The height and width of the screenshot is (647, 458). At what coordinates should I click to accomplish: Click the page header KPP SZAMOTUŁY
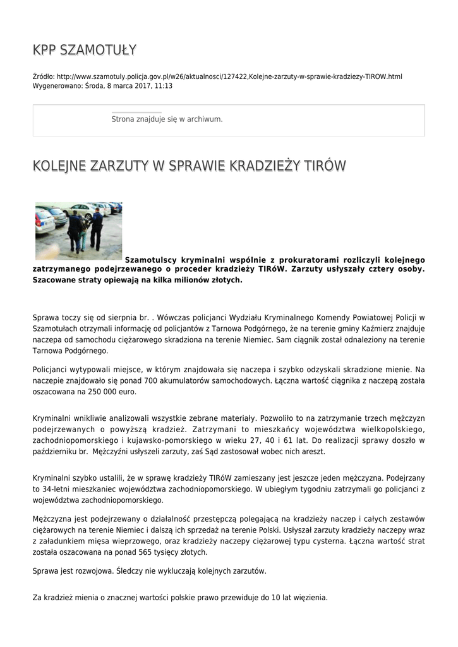click(85, 50)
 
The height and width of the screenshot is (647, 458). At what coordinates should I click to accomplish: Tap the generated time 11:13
click(164, 85)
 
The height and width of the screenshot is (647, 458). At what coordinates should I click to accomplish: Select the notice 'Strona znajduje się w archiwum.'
click(167, 119)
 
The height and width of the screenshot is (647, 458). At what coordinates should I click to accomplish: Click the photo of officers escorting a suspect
click(78, 231)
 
